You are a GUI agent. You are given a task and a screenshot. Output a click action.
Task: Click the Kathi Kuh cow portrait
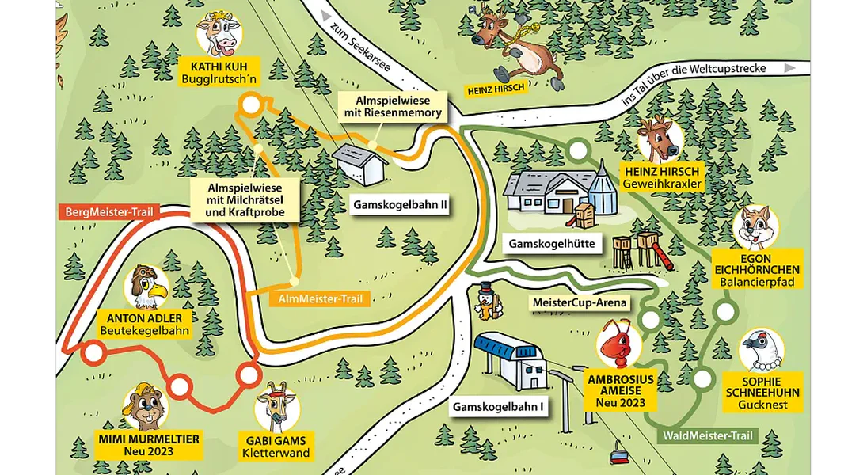219,35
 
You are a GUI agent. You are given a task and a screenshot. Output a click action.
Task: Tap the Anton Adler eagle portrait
146,287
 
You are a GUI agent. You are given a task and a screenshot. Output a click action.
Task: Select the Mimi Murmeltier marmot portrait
146,408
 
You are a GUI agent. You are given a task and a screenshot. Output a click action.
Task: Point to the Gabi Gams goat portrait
277,406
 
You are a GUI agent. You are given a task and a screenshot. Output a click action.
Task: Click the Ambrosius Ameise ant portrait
619,345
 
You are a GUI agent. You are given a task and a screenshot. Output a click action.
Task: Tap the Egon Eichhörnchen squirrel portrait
756,226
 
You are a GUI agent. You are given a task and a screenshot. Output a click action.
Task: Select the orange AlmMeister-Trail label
321,299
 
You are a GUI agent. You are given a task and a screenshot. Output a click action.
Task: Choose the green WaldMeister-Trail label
708,435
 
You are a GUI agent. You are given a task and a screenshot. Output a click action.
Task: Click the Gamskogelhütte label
552,244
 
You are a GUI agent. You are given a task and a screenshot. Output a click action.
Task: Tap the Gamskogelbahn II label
401,205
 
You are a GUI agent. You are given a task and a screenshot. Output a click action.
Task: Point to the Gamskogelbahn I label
498,408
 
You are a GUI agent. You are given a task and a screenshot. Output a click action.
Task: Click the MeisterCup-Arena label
580,302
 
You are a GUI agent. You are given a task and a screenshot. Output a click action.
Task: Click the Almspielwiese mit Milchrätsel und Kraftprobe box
245,200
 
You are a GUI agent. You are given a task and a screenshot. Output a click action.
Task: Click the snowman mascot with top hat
488,302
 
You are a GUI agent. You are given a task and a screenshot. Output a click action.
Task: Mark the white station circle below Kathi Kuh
250,104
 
